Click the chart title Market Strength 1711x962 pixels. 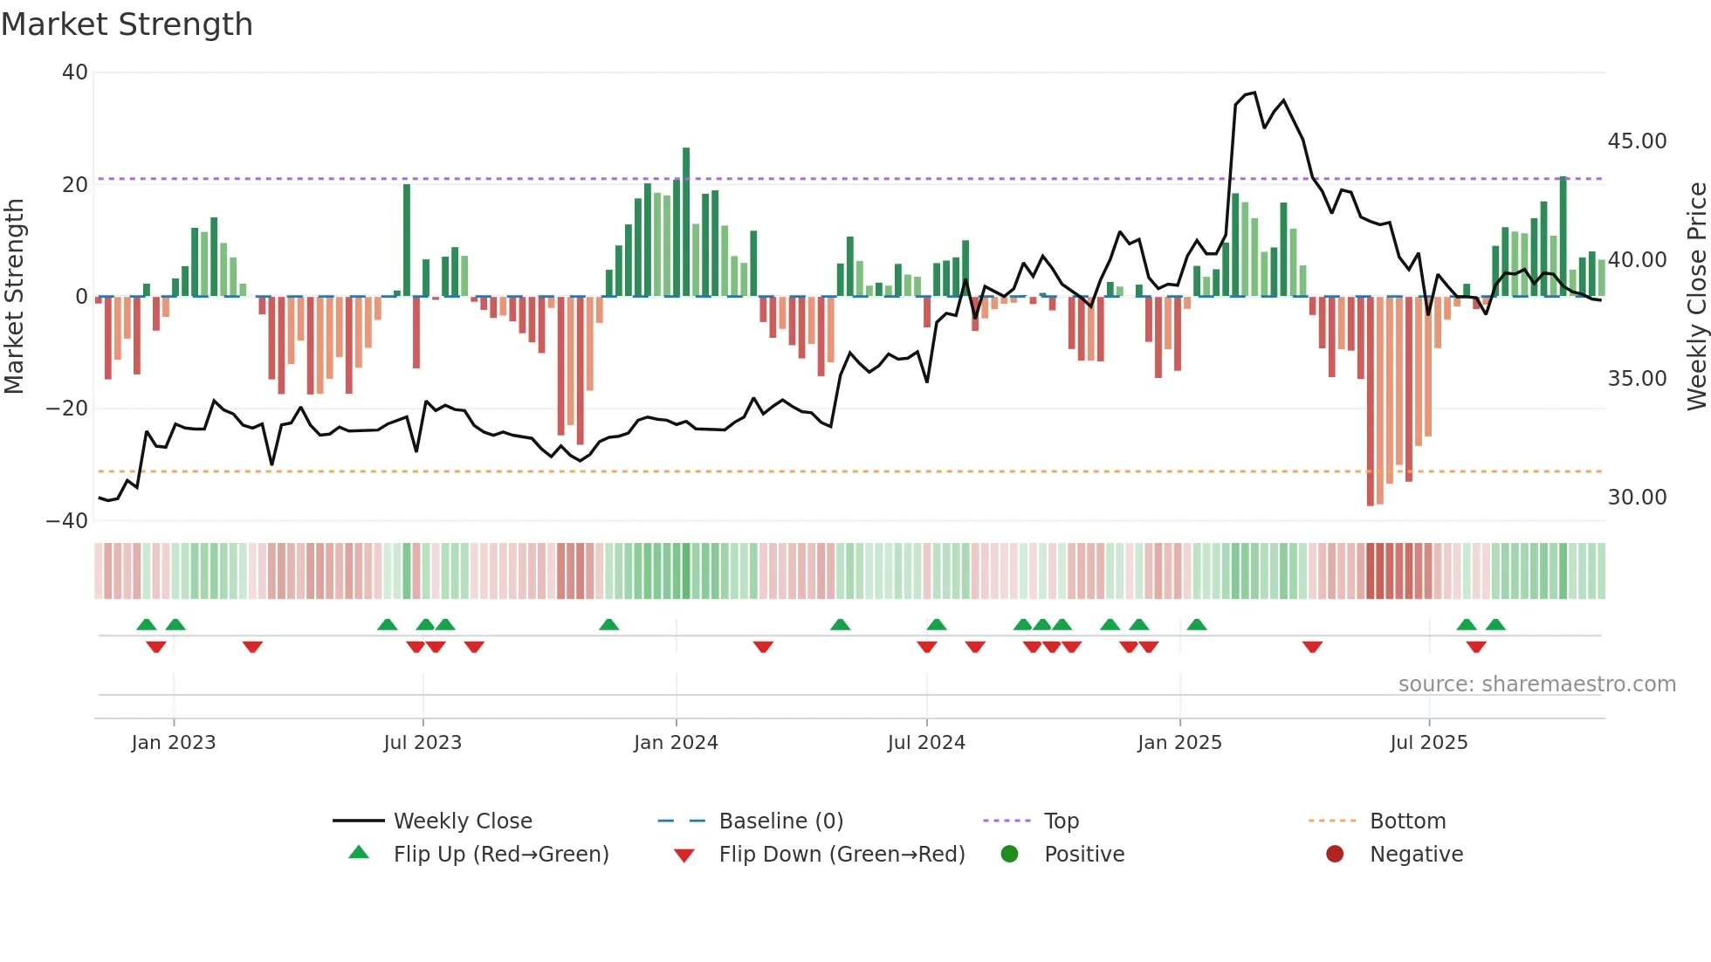(x=127, y=24)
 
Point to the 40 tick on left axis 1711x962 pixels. (x=75, y=72)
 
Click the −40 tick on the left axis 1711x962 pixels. (x=67, y=521)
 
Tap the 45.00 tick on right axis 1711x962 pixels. (x=1637, y=141)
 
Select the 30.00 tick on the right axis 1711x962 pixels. (x=1637, y=498)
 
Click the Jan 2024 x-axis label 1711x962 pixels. (x=676, y=743)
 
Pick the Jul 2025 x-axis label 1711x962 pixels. (x=1428, y=743)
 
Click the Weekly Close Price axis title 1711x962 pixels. (x=1696, y=297)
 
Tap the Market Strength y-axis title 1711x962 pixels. (x=15, y=297)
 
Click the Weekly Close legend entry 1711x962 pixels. (x=462, y=821)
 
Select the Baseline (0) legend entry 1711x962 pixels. (x=780, y=821)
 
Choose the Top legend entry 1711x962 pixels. (x=1061, y=821)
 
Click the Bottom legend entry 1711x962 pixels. (x=1407, y=821)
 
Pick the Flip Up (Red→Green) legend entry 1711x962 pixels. (x=500, y=855)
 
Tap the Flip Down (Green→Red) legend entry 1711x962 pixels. (x=842, y=855)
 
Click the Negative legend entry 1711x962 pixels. (x=1415, y=855)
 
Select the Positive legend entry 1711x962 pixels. (x=1083, y=855)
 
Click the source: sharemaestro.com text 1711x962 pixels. (x=1536, y=684)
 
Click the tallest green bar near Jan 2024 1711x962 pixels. (x=686, y=223)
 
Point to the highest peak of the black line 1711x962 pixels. (x=1254, y=93)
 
